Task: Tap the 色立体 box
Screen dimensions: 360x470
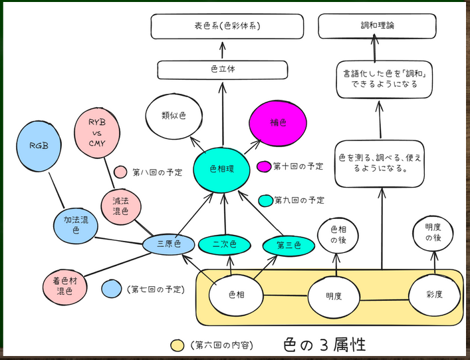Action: pos(223,69)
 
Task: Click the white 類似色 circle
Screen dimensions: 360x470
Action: pos(174,116)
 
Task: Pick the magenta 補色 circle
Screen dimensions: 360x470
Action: pos(278,124)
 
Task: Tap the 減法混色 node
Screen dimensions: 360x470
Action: pos(121,207)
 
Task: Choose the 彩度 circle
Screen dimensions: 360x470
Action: pos(434,295)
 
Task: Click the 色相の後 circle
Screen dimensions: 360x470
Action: pos(333,236)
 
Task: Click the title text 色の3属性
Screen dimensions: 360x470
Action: pos(324,345)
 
